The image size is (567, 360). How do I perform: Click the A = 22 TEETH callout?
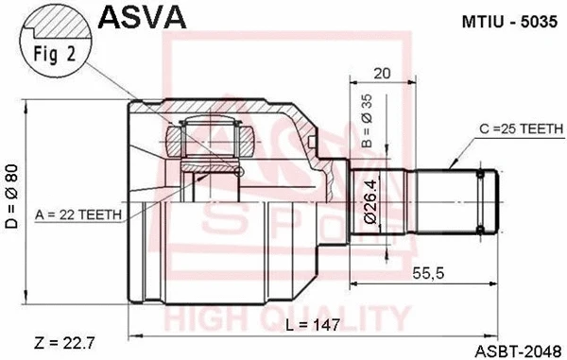tap(79, 214)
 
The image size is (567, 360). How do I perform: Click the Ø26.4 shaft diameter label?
tap(370, 201)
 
